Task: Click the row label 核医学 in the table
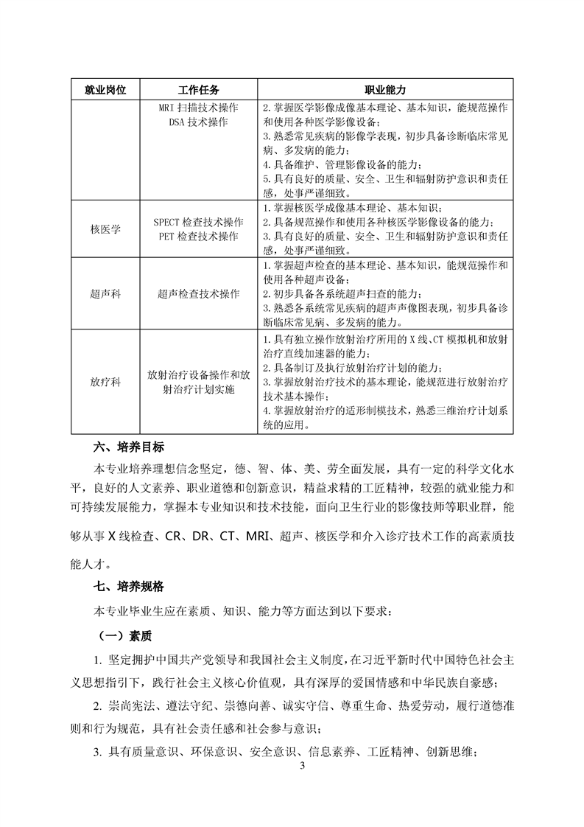coord(105,229)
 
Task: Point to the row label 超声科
coord(105,293)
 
